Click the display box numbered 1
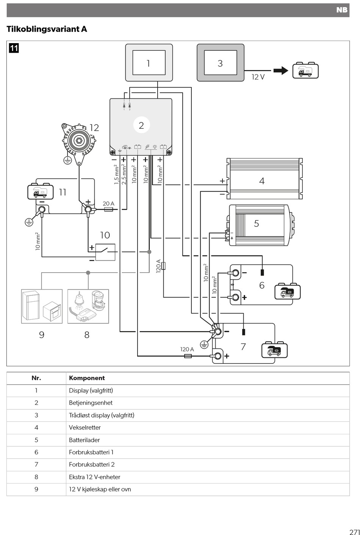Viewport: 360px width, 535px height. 149,62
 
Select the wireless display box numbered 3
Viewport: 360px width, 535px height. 221,62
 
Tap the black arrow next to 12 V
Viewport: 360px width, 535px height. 281,70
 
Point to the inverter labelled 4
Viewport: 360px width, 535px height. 265,178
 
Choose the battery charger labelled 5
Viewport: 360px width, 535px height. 261,225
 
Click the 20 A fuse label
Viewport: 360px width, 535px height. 108,203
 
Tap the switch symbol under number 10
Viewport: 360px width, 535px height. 105,252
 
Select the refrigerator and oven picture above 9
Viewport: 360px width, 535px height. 42,306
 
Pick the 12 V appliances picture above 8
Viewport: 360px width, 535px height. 88,306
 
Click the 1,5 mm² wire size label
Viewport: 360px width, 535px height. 116,174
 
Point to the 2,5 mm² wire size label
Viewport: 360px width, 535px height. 124,174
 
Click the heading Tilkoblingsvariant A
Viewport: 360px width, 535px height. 47,29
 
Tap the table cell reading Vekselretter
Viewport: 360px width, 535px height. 85,427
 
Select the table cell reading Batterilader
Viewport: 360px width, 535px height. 85,440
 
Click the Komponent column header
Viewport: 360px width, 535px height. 87,378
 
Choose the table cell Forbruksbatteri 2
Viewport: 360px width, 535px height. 92,464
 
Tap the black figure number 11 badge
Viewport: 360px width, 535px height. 14,48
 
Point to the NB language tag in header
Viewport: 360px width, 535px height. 342,10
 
